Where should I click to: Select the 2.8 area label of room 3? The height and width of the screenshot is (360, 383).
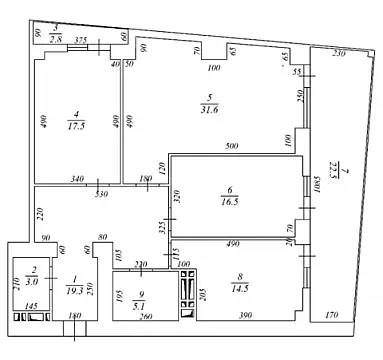[57, 37]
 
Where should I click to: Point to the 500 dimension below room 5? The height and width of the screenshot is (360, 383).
[232, 147]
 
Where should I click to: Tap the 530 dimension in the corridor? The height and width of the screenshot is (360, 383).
[101, 194]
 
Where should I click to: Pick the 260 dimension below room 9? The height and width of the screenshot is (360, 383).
[147, 317]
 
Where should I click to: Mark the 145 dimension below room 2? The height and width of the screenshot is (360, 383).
[31, 305]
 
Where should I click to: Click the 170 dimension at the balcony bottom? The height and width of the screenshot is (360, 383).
[333, 317]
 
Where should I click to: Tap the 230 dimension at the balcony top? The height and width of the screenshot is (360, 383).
[339, 53]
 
